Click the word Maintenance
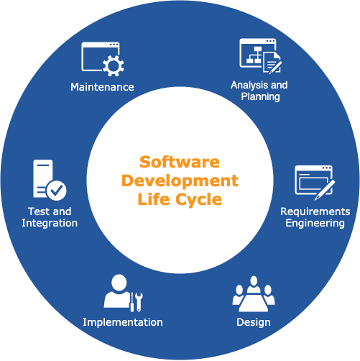tap(102, 87)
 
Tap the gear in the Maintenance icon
tap(114, 65)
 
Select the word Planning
tap(260, 96)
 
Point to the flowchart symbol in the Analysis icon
tap(254, 55)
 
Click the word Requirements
tap(315, 211)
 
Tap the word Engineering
tap(315, 223)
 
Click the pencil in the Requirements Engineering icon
tap(325, 190)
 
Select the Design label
tap(254, 322)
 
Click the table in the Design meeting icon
tap(254, 302)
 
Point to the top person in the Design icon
tap(254, 284)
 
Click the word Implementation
tap(123, 322)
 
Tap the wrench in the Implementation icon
tap(139, 302)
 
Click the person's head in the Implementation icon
tap(119, 283)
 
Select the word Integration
tap(50, 223)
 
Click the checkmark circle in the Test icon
tap(57, 191)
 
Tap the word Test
tap(37, 211)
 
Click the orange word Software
tap(180, 162)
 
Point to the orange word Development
tap(180, 180)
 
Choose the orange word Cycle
tap(199, 200)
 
